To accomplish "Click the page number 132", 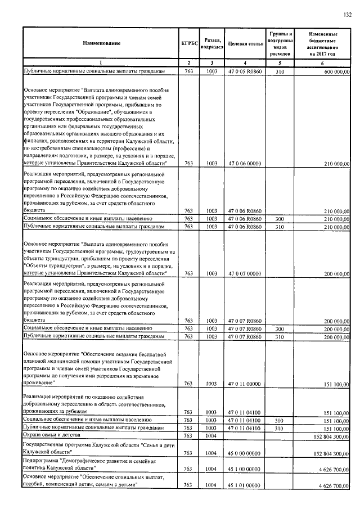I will pos(348,14).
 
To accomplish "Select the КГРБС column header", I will pos(188,43).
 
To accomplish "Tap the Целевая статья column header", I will pos(242,43).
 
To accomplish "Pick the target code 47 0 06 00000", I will pos(242,164).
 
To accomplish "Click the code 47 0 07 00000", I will pos(242,274).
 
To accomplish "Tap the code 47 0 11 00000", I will pos(242,384).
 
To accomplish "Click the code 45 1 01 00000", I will pos(242,485).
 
